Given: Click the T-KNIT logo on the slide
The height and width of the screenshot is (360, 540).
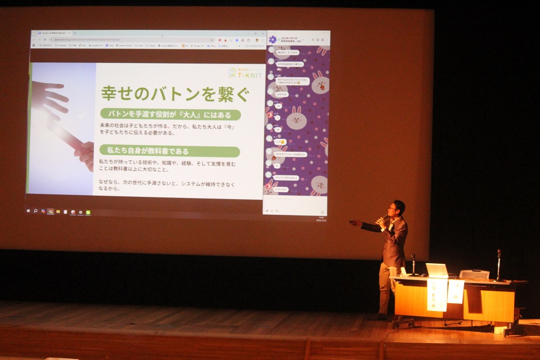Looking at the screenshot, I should pos(245,73).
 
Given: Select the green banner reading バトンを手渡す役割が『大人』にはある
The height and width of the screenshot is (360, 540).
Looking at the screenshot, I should pos(170,115).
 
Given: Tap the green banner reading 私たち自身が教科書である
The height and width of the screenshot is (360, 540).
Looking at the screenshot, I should pos(169,151).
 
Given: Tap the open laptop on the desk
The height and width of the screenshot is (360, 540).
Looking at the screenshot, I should pos(437,271).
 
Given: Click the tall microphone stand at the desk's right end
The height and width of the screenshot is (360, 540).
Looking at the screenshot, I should pos(498,265).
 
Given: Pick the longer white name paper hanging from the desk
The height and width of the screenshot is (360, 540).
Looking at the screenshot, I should pos(437,294).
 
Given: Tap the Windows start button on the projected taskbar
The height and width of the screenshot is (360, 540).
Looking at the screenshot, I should pos(28,211).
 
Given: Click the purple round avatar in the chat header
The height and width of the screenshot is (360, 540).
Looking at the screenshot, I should pos(273,39).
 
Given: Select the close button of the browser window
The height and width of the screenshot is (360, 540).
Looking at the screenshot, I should pos(263,33).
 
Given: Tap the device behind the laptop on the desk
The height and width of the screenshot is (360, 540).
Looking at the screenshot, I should pos(474,274).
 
